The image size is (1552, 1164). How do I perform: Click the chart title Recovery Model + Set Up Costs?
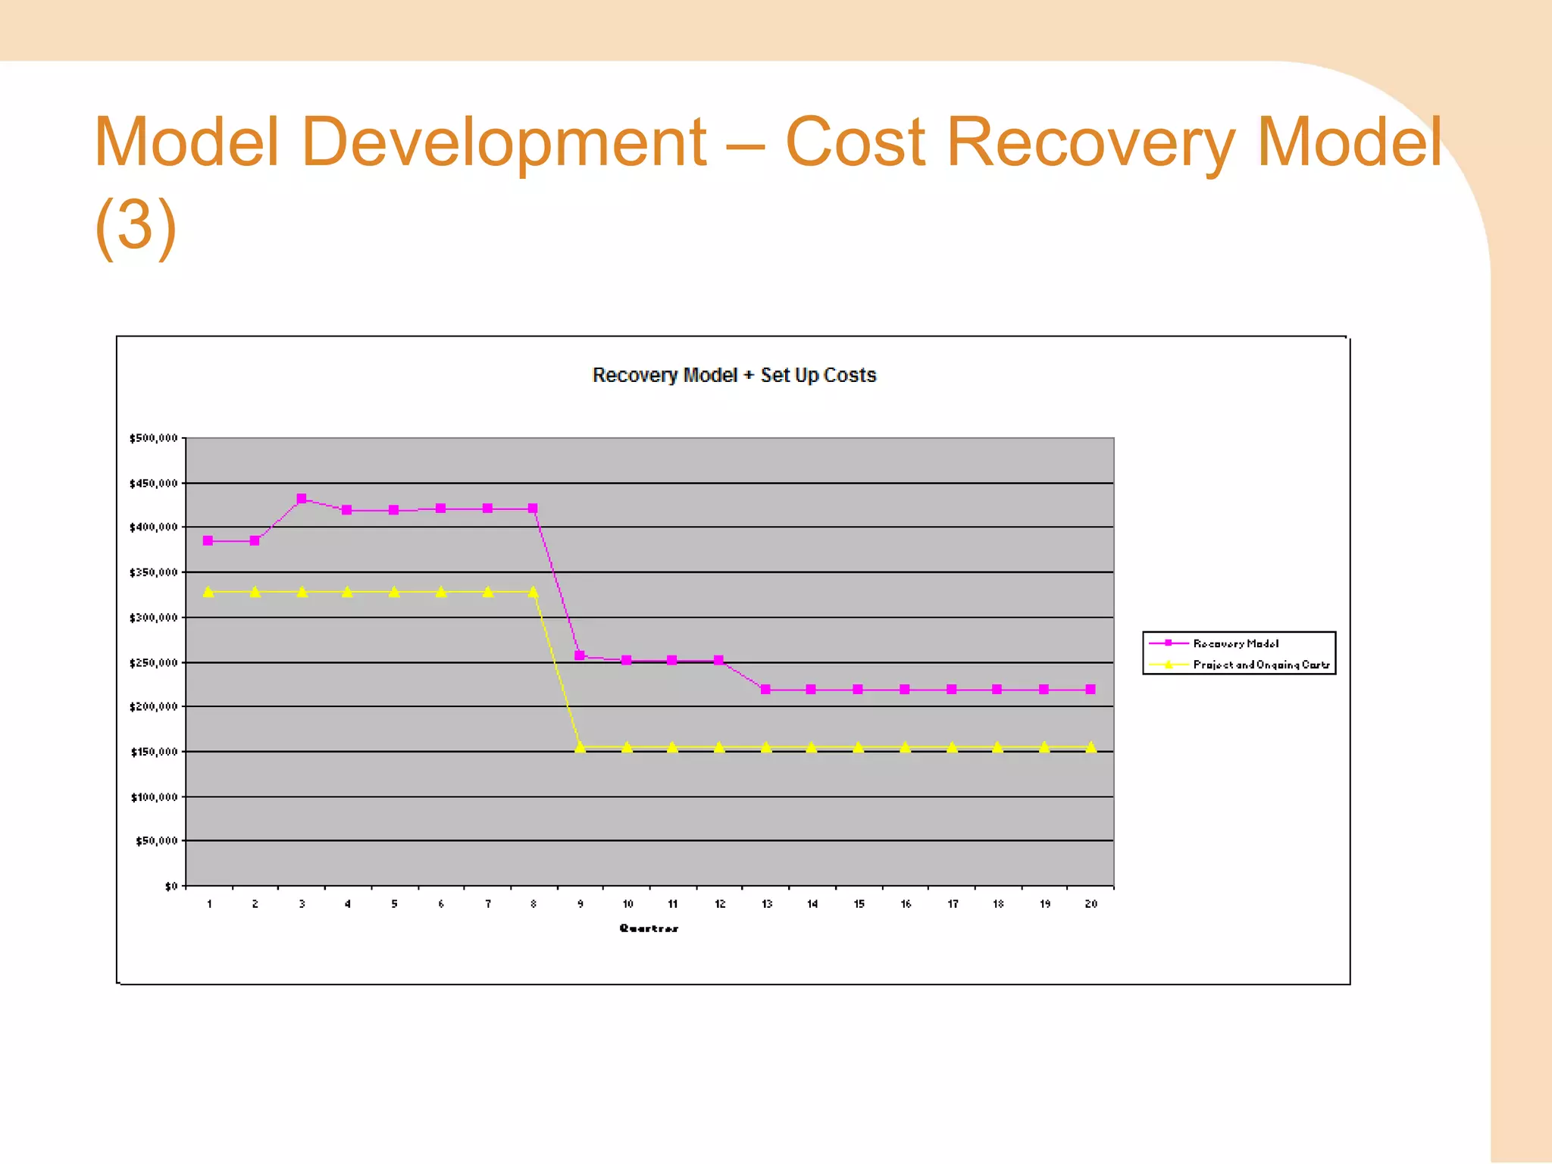click(x=734, y=375)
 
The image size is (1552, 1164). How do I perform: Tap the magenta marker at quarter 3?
click(x=302, y=499)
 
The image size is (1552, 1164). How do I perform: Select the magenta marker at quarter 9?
click(x=580, y=656)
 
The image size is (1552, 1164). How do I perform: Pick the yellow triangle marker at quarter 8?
click(x=533, y=592)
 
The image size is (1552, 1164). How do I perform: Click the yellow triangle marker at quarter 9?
click(x=580, y=747)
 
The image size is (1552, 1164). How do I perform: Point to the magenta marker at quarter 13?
click(x=765, y=690)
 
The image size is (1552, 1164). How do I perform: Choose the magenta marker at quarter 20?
click(x=1090, y=690)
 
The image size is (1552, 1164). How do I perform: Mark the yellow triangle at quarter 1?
click(x=208, y=592)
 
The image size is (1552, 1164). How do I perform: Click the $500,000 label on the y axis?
click(x=154, y=438)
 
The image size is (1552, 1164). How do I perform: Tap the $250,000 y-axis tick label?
click(x=154, y=663)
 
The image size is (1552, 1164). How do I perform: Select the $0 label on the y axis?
click(x=171, y=886)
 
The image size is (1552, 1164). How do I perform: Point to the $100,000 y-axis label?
click(x=154, y=797)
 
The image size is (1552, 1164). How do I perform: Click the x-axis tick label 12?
click(x=720, y=904)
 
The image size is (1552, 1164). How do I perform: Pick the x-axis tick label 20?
click(x=1090, y=904)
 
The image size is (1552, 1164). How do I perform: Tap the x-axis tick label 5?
click(x=394, y=904)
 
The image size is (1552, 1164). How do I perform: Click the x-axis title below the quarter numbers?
click(x=649, y=928)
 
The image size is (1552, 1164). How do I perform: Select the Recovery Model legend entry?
click(x=1235, y=643)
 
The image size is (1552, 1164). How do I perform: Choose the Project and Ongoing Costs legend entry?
click(x=1261, y=665)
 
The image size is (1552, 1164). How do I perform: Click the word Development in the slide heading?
click(x=504, y=142)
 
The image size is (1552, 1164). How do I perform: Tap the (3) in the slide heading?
click(x=136, y=225)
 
